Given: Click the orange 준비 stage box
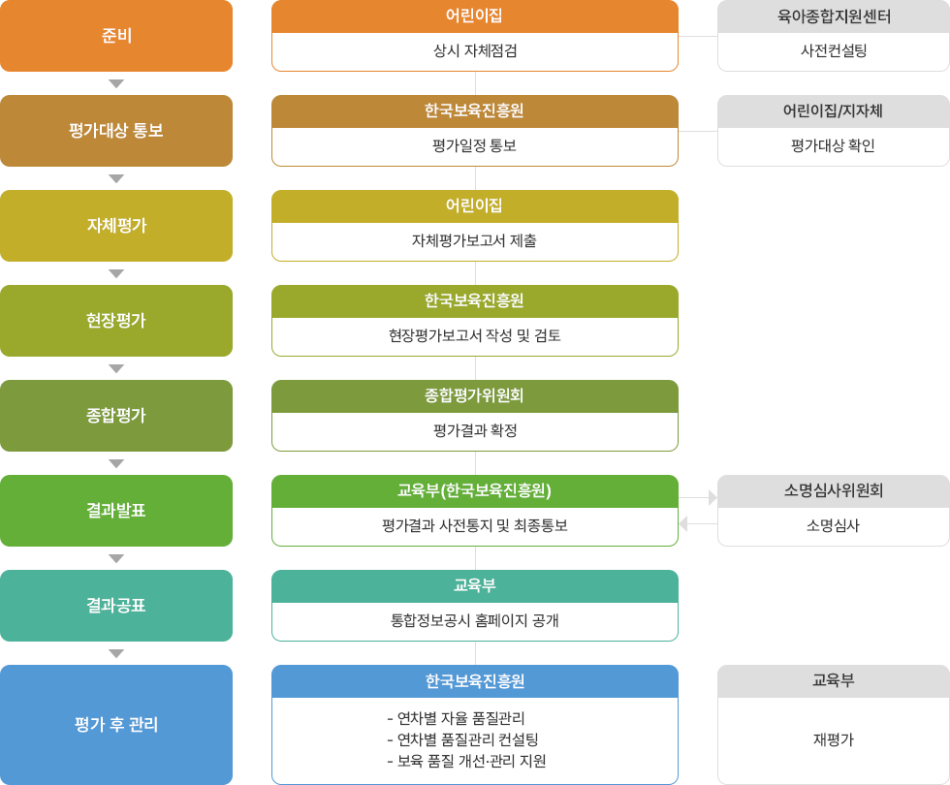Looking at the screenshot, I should coord(116,37).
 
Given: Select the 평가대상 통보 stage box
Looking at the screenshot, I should coord(116,131).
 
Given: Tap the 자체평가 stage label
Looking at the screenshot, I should coord(116,226).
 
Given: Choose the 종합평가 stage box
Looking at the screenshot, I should coord(116,416).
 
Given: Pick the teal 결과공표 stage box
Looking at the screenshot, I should coord(116,606).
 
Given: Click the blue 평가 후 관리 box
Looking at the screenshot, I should coord(116,724).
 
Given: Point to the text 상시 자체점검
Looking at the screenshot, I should coord(475,51).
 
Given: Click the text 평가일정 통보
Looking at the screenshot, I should coord(475,146).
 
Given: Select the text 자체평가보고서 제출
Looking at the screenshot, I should coord(475,241).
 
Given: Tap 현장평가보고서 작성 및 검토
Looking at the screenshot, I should coord(475,336).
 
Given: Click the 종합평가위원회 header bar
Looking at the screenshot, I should coord(475,395).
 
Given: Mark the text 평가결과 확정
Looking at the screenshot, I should coord(475,431).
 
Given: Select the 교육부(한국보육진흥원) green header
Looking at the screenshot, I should coord(475,490).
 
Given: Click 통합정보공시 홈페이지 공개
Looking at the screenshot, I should coord(475,621).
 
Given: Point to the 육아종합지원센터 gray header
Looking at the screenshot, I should coord(834,16).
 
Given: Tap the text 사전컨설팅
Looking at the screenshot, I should coord(834,51).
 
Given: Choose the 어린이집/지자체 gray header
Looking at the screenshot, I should coord(834,111).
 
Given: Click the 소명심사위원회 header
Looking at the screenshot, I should coord(834,491).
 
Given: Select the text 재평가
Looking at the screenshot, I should coord(834,740).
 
